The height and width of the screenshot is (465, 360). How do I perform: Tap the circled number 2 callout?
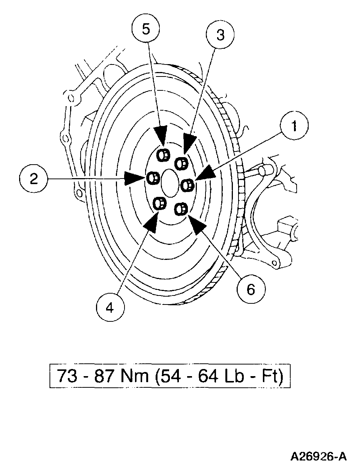(x=34, y=179)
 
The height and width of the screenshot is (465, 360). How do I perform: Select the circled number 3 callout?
(x=220, y=35)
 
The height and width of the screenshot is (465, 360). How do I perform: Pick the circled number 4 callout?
(x=109, y=308)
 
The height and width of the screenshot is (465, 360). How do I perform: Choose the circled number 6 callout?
(x=251, y=289)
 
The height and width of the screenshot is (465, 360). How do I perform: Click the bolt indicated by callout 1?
(x=187, y=184)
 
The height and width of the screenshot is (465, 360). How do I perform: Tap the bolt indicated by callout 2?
(x=152, y=178)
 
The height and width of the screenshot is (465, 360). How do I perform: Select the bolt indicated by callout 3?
(x=182, y=163)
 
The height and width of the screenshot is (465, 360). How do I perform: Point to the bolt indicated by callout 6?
(x=181, y=208)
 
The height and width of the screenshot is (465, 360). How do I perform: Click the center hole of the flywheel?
(x=170, y=183)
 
